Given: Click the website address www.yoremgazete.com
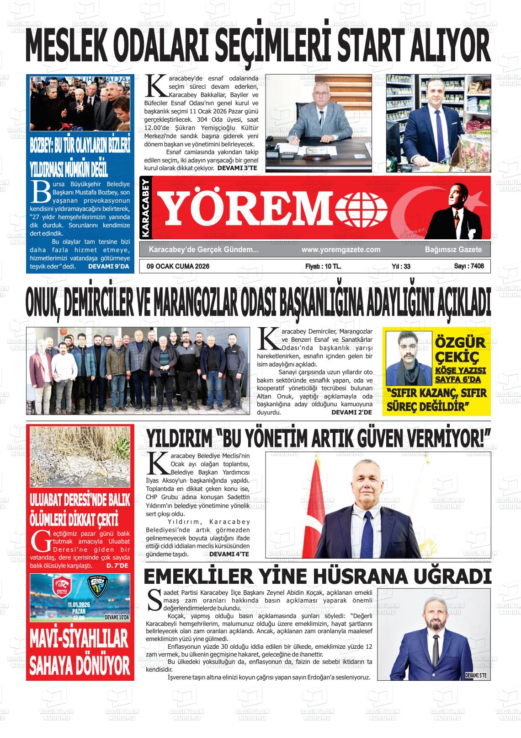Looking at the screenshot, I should [341, 249].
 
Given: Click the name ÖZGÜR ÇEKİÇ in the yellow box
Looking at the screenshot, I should [460, 349].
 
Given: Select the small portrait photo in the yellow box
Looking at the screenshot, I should [409, 357].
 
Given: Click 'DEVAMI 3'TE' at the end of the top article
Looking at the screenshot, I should [237, 168].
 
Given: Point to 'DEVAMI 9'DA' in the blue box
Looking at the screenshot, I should [109, 266].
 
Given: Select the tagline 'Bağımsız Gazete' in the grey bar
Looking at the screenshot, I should [453, 249].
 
